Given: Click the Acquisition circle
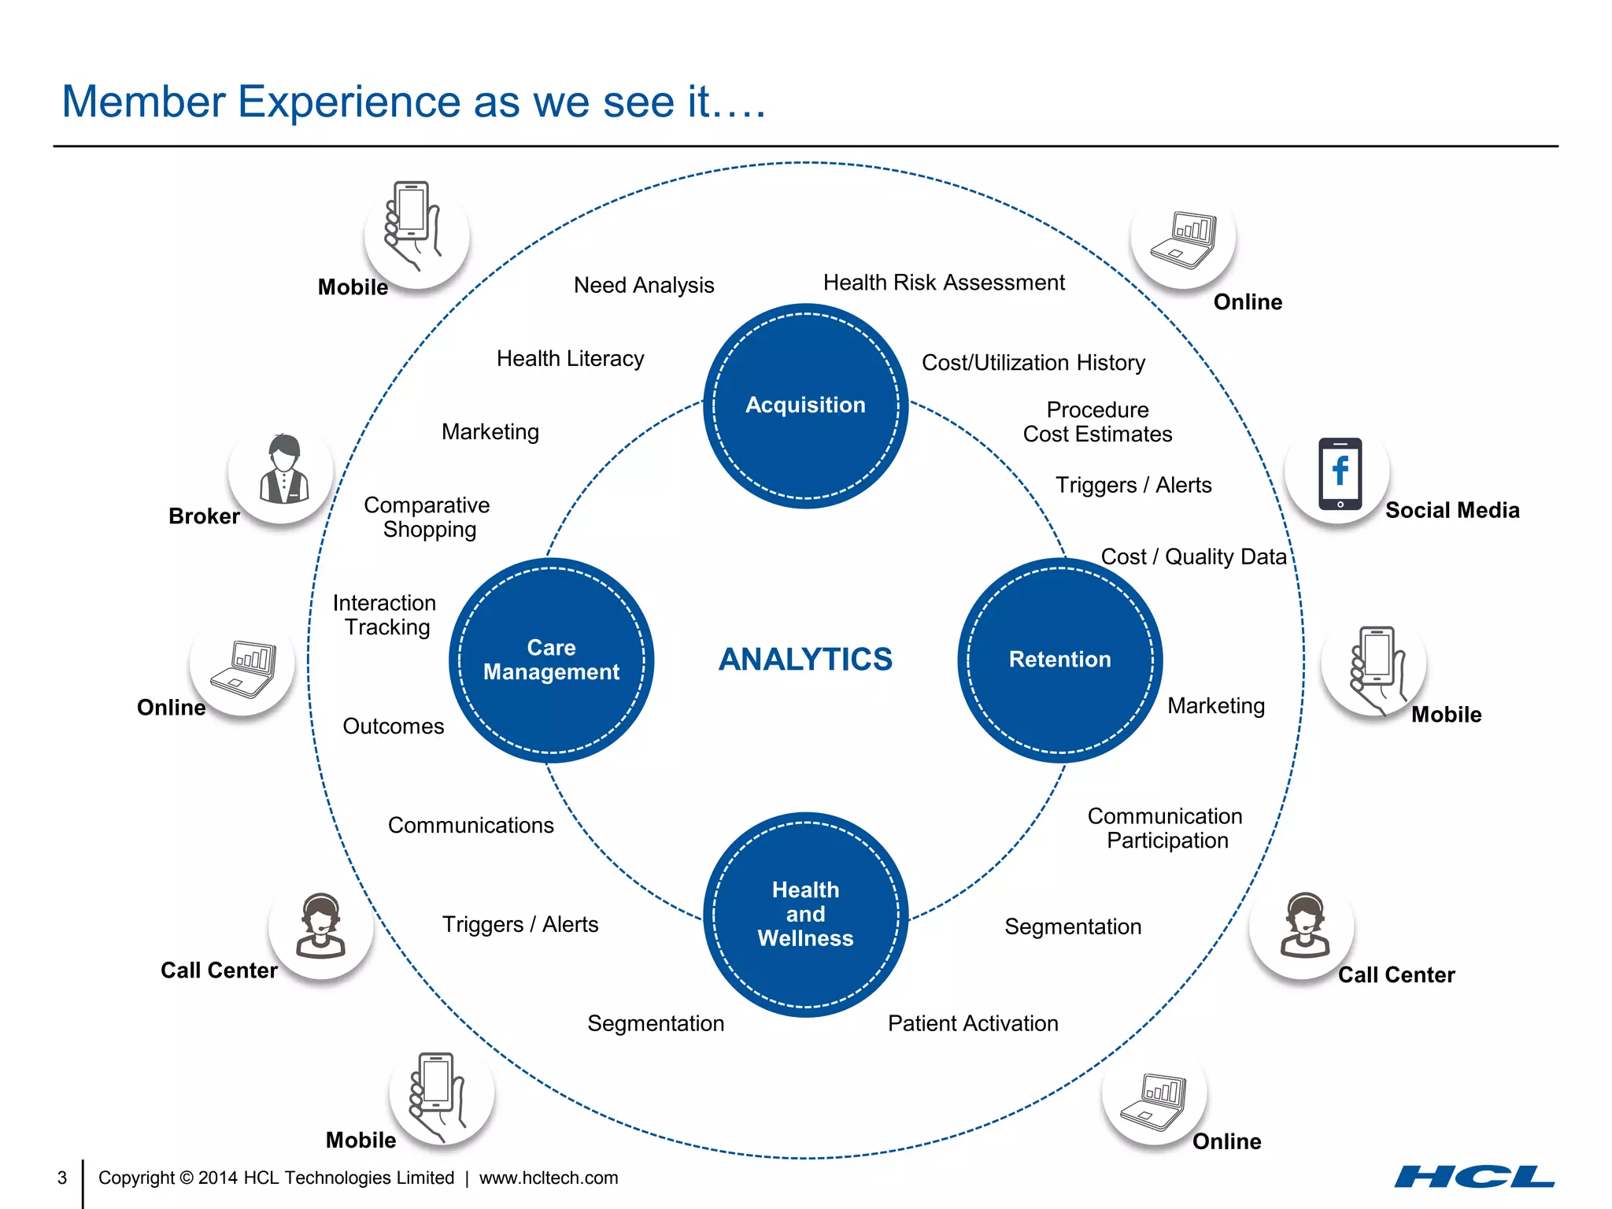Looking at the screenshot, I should (805, 405).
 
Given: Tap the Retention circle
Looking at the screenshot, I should (1059, 660).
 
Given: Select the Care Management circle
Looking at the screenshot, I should (551, 660).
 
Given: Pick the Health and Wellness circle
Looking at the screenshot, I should (805, 914).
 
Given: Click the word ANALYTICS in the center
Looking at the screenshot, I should (805, 660).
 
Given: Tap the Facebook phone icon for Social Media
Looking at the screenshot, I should (1340, 474).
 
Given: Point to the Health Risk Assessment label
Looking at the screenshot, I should (943, 283).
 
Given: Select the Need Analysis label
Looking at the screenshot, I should (643, 285).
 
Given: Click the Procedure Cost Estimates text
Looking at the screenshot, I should (1097, 422).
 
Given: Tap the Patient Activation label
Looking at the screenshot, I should (973, 1023).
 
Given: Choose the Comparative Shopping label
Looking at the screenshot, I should (427, 517).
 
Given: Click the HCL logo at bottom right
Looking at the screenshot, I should (1473, 1177).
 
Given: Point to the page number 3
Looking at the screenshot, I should (62, 1178).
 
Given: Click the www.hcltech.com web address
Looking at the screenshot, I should (549, 1178).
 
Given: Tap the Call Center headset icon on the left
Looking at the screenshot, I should (320, 926).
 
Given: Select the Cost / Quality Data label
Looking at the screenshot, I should (1193, 556).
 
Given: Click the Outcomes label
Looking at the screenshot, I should (393, 727).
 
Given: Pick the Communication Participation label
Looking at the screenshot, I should (1166, 828).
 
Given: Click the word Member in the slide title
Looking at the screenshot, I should (144, 102).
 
